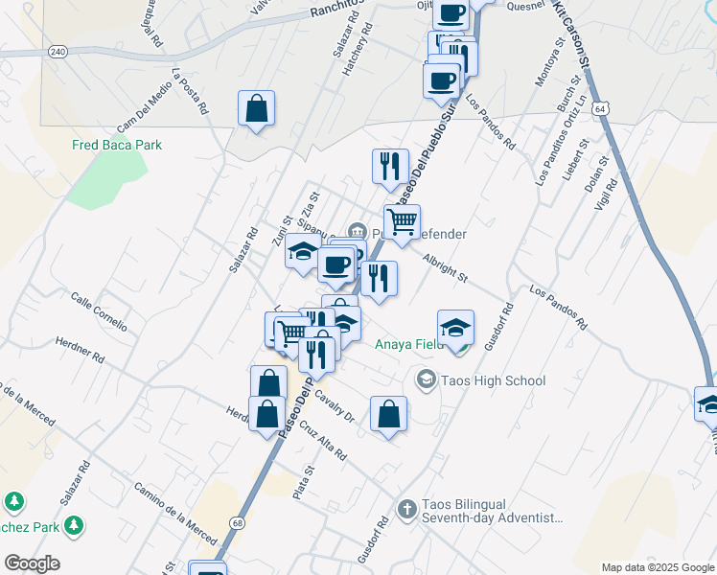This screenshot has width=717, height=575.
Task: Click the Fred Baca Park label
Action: click(x=117, y=145)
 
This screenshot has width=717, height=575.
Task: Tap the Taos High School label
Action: click(x=493, y=380)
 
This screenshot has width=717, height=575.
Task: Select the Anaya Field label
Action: click(x=408, y=344)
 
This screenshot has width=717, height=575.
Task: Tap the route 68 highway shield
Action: click(x=236, y=522)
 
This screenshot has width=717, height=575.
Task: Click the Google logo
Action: click(x=32, y=563)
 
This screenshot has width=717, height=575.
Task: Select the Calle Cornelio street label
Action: click(x=99, y=310)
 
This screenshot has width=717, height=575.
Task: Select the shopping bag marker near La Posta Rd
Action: click(x=257, y=108)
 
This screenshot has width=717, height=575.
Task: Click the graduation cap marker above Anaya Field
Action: click(x=456, y=327)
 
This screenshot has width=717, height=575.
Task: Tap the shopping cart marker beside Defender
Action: click(x=403, y=221)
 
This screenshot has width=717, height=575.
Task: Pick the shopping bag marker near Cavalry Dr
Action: click(x=388, y=415)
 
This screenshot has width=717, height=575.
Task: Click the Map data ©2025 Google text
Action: click(x=658, y=567)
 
